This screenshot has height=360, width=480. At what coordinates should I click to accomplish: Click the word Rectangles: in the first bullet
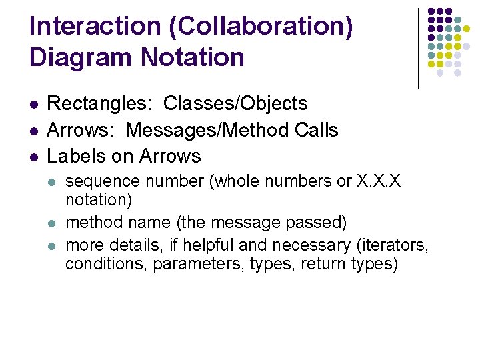pyautogui.click(x=100, y=104)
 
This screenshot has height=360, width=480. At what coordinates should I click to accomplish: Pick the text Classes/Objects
pyautogui.click(x=235, y=104)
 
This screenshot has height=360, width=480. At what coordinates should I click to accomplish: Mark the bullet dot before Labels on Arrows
pyautogui.click(x=34, y=157)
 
